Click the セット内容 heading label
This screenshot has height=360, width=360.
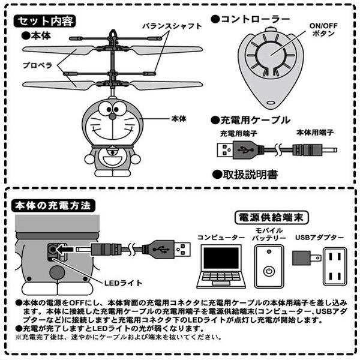pyautogui.click(x=46, y=22)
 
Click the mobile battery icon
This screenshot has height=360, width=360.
pyautogui.click(x=269, y=267)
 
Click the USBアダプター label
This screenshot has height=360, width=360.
pyautogui.click(x=319, y=238)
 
